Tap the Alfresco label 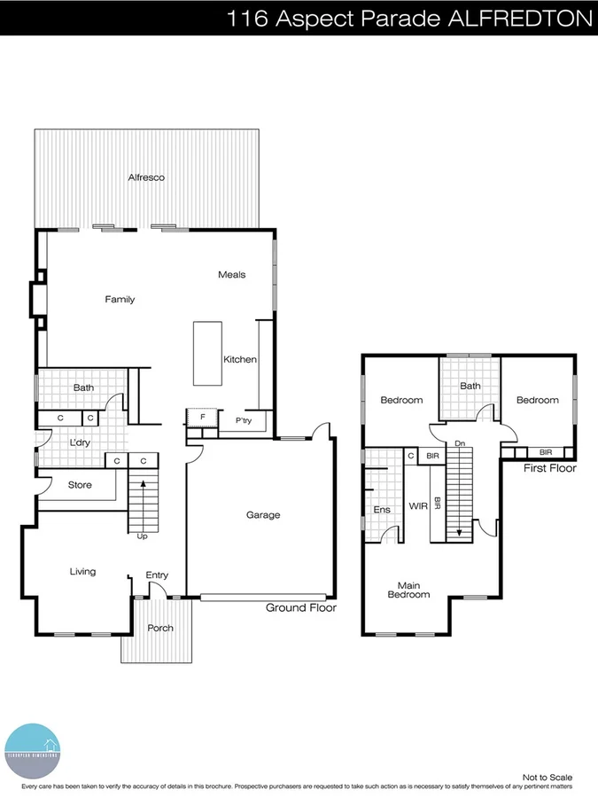click(x=146, y=177)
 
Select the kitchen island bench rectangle click(x=207, y=353)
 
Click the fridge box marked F click(x=202, y=418)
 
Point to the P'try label click(x=244, y=420)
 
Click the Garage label click(x=263, y=514)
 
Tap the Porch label click(x=160, y=628)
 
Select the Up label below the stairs click(x=142, y=536)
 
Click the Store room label click(x=81, y=484)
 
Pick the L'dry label click(x=81, y=442)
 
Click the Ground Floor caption click(x=301, y=607)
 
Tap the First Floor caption click(x=549, y=468)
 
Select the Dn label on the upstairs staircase click(x=459, y=442)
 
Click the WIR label click(x=418, y=506)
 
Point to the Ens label click(x=382, y=510)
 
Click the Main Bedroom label click(x=408, y=589)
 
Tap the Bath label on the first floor click(x=470, y=386)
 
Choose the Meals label click(x=232, y=275)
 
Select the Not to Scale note click(x=548, y=778)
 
